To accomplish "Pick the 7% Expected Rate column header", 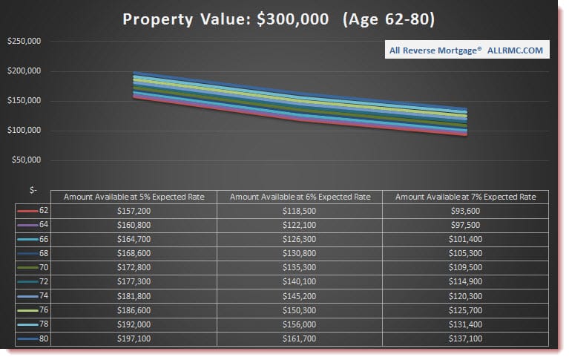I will (x=465, y=197).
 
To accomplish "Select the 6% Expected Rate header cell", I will (x=300, y=197).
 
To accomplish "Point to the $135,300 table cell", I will (x=300, y=266).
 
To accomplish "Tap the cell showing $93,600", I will (x=465, y=211).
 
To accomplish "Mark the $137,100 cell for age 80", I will (x=465, y=339).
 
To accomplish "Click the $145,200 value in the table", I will (x=300, y=295).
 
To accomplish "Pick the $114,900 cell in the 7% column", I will (x=465, y=281).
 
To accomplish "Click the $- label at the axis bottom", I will (x=33, y=190).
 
